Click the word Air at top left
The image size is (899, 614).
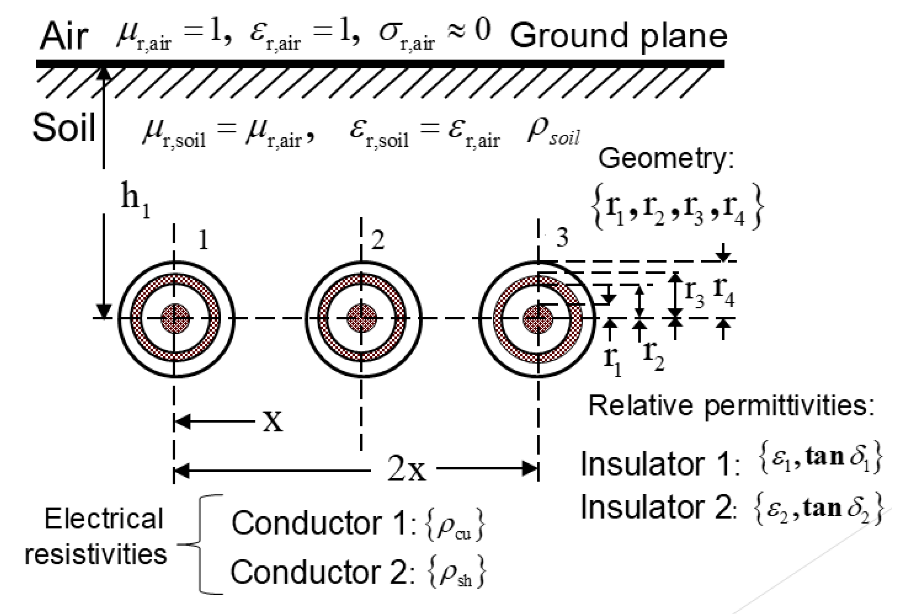coord(64,37)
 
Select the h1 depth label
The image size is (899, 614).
coord(135,202)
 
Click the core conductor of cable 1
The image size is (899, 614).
coord(175,319)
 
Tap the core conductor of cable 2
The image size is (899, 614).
coord(361,319)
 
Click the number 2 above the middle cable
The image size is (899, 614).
coord(377,239)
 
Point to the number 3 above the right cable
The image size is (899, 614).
coord(563,238)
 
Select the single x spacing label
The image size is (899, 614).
coord(273,422)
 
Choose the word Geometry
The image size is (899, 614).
coord(666,159)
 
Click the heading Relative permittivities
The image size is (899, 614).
coord(731,406)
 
